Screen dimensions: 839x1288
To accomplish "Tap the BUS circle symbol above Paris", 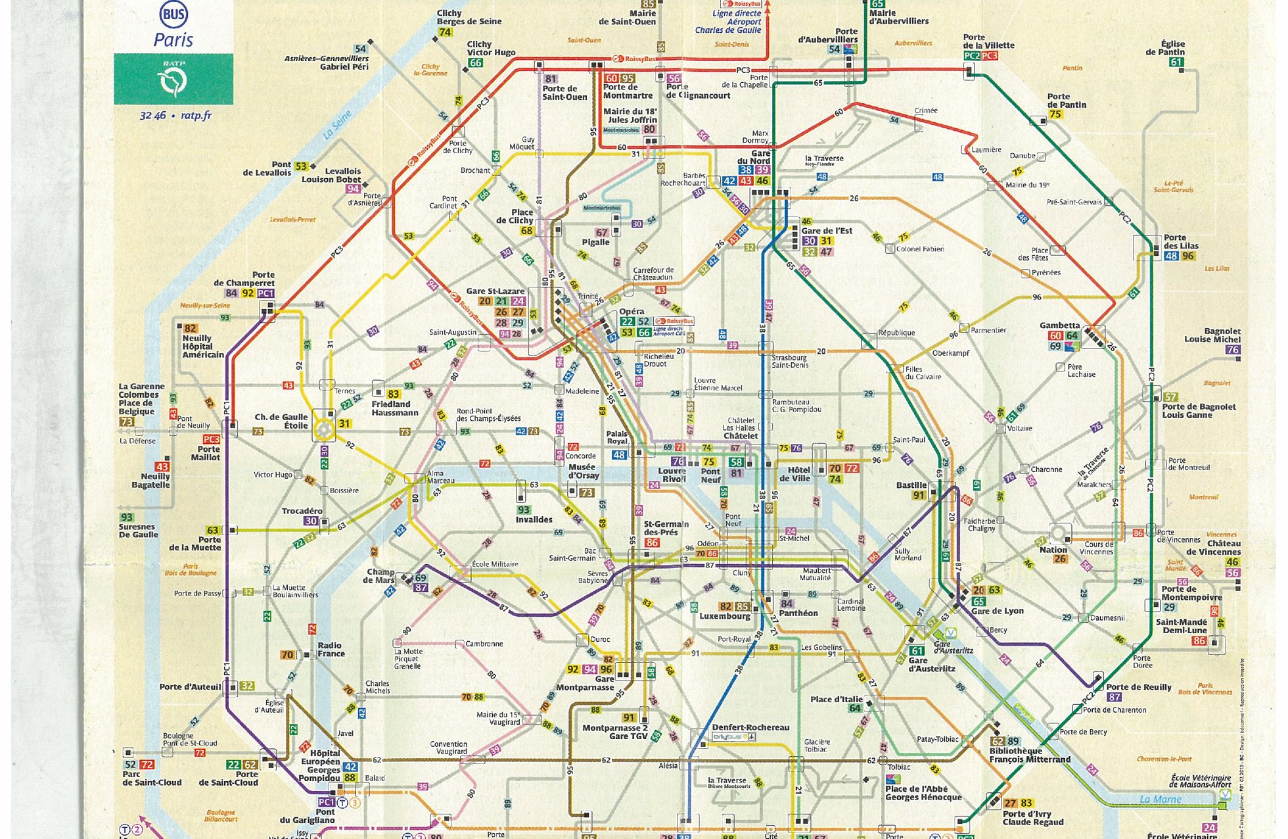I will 173,15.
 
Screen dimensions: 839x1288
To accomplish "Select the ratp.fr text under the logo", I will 196,116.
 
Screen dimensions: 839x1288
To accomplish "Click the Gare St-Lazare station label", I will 495,291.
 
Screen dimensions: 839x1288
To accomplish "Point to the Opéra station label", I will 632,311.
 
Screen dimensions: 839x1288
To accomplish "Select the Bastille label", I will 911,485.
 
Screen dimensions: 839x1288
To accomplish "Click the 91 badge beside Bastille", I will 919,496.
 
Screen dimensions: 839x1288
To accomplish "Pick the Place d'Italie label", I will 836,699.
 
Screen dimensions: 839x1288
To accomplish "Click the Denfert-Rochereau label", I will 750,727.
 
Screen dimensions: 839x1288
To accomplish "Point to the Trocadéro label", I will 302,511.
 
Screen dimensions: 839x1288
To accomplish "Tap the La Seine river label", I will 338,124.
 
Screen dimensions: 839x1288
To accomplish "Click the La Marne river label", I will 1160,800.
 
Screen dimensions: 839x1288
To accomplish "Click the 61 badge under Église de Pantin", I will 1176,62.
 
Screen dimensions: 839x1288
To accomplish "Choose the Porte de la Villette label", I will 988,41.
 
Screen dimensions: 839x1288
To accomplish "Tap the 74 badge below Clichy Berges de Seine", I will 445,32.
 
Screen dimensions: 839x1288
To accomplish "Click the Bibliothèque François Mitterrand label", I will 1030,755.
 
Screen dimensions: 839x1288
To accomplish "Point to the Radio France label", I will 331,649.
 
